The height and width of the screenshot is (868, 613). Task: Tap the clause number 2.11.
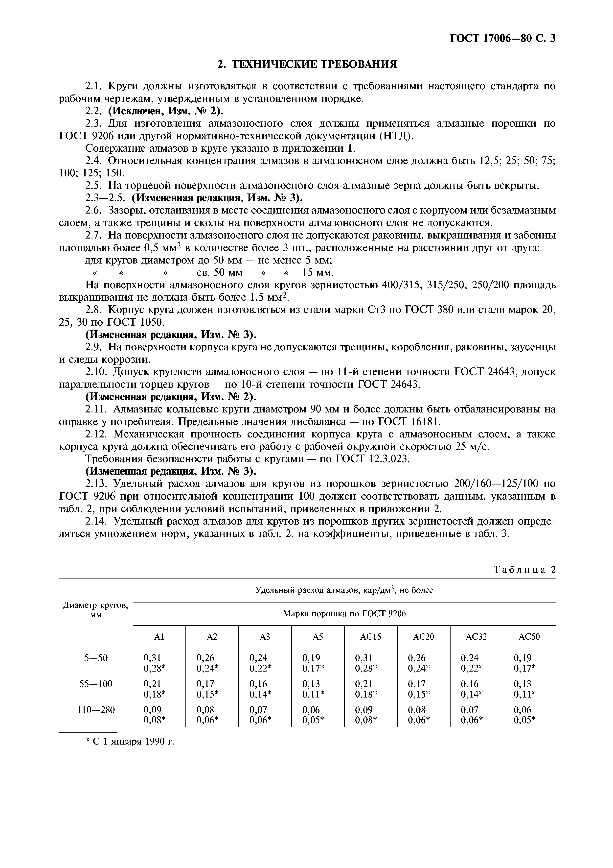coord(96,410)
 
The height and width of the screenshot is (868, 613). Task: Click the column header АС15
coord(370,637)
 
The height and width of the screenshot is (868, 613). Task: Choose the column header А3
coord(265,637)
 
